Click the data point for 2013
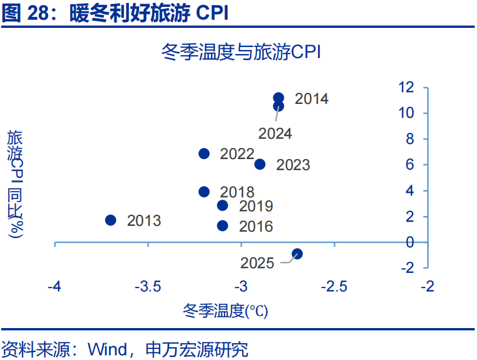point(110,220)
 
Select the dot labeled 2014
point(279,98)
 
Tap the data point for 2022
point(204,154)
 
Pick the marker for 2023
point(260,164)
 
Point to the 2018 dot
point(204,192)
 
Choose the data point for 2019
point(223,206)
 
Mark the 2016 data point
point(223,226)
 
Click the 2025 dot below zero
point(297,254)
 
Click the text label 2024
point(275,134)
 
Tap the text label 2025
point(257,263)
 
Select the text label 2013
point(144,221)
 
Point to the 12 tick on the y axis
point(406,87)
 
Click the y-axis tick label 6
point(410,165)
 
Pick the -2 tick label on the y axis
point(407,268)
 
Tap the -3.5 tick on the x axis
point(148,287)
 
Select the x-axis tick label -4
point(55,287)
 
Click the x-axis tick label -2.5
point(334,287)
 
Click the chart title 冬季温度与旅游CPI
point(241,52)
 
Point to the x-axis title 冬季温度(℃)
point(225,311)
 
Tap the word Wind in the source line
point(107,350)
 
